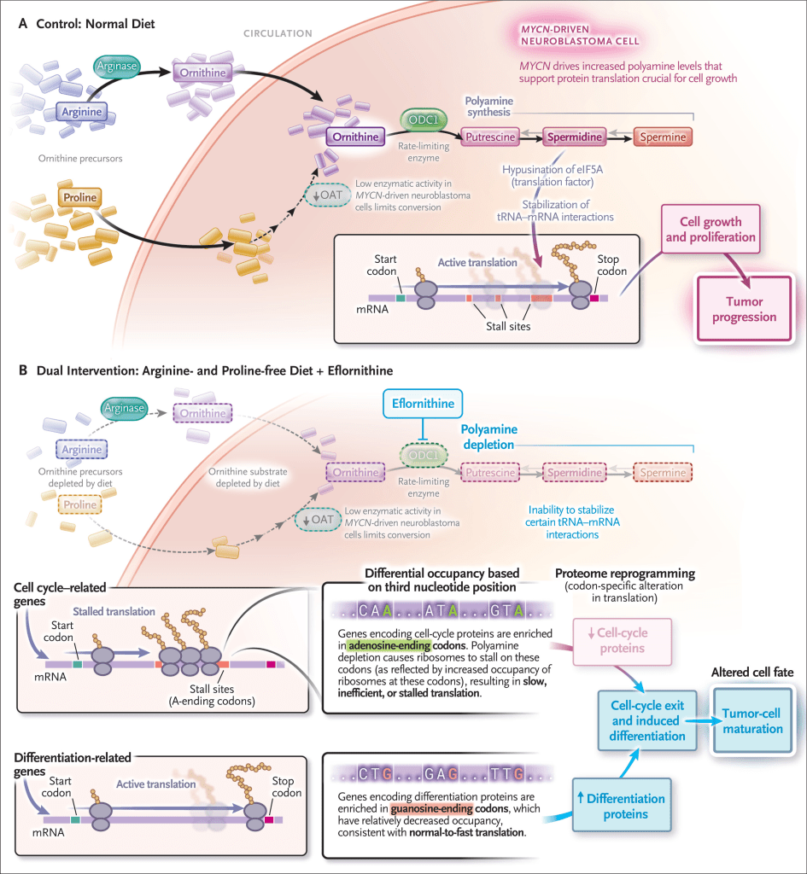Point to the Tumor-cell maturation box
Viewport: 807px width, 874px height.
tap(752, 720)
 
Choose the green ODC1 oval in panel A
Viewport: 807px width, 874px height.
tap(426, 120)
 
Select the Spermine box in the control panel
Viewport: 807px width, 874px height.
tap(662, 136)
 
